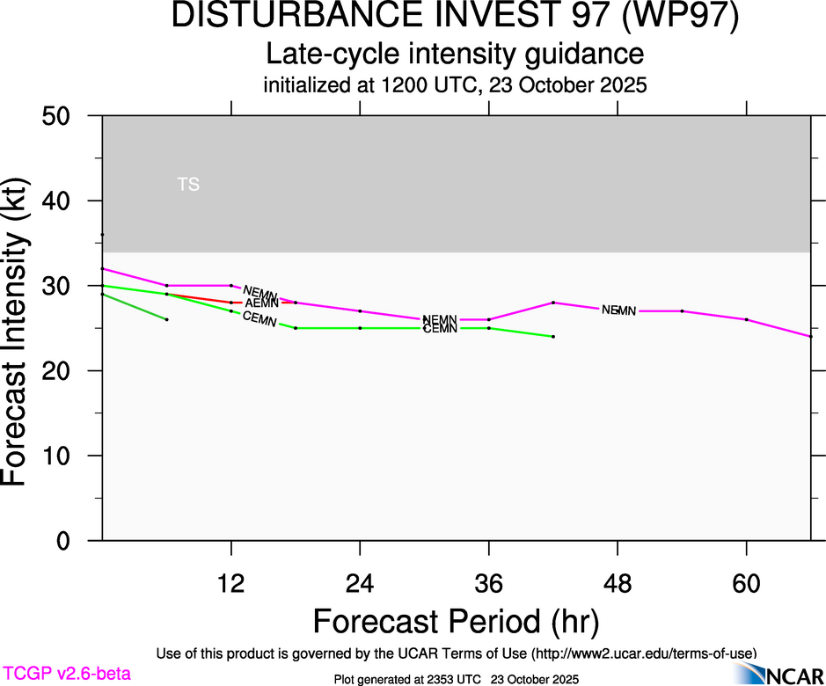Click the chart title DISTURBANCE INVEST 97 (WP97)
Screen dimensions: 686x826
click(455, 17)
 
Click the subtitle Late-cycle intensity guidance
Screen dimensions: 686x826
click(455, 55)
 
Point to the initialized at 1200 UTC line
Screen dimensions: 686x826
click(455, 86)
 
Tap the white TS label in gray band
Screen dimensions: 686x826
click(188, 185)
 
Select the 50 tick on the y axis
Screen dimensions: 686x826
click(62, 116)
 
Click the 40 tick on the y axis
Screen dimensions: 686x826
click(62, 201)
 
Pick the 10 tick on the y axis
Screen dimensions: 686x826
click(62, 456)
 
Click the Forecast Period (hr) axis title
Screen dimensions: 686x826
click(455, 622)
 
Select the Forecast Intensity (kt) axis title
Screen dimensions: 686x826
click(19, 327)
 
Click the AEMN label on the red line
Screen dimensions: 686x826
click(261, 303)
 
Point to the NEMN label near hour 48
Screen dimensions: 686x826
click(618, 310)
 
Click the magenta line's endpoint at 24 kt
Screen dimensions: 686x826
click(810, 337)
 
